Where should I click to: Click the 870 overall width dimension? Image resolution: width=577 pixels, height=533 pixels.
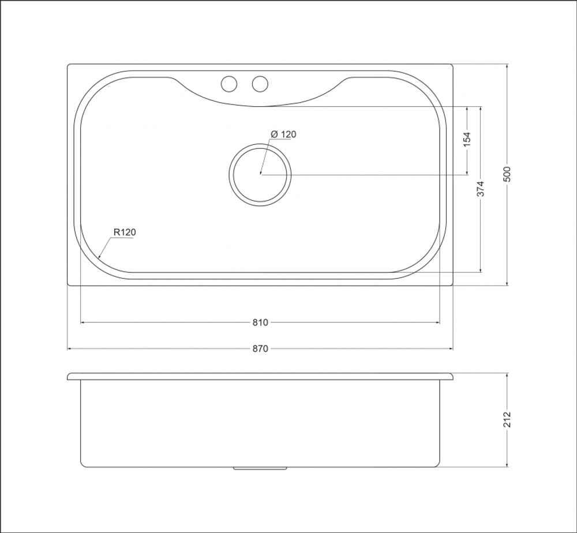[x=260, y=349]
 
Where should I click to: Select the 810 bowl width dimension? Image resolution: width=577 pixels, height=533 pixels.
[x=260, y=322]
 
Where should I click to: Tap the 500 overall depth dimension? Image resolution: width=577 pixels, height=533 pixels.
[x=507, y=174]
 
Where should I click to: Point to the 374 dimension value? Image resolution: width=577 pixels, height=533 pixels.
[x=481, y=189]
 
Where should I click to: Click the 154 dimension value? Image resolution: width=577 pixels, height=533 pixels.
[x=467, y=140]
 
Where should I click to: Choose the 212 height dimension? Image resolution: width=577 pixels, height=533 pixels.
[x=507, y=419]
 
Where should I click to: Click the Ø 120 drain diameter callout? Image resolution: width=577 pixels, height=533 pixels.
[x=283, y=134]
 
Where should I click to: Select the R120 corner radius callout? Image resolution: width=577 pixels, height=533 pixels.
[x=125, y=232]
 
